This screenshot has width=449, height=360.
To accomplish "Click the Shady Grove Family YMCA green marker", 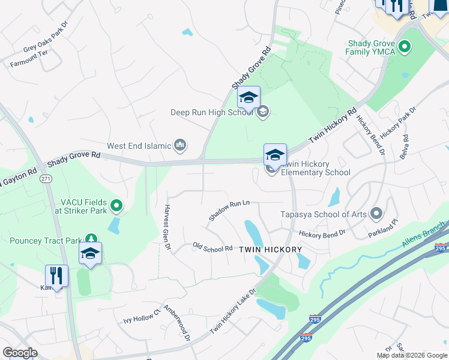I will pyautogui.click(x=404, y=46).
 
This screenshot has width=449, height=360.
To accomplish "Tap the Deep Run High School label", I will pyautogui.click(x=211, y=112).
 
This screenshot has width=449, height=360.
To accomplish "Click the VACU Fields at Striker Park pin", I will pyautogui.click(x=117, y=206).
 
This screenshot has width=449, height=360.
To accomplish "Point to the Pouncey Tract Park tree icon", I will pyautogui.click(x=91, y=239).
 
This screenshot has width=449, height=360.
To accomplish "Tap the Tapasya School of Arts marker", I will pyautogui.click(x=376, y=213).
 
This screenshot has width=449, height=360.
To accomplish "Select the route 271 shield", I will pyautogui.click(x=46, y=179).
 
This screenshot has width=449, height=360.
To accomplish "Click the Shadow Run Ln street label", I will pyautogui.click(x=229, y=210).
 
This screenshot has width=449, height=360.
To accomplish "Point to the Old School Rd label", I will pyautogui.click(x=212, y=247).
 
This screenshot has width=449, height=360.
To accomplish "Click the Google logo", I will pyautogui.click(x=20, y=353).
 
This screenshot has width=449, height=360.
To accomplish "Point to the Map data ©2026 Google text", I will pyautogui.click(x=411, y=355).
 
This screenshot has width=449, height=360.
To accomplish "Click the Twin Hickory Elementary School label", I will pyautogui.click(x=315, y=169).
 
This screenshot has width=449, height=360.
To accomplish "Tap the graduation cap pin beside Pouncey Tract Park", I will pyautogui.click(x=90, y=254).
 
